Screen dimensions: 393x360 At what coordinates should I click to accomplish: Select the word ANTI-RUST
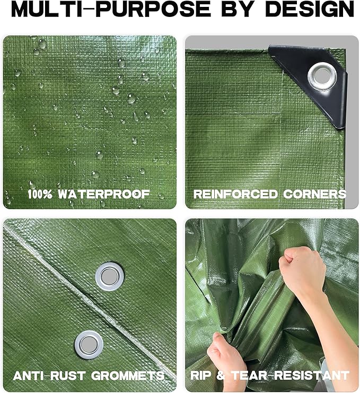coord(47,375)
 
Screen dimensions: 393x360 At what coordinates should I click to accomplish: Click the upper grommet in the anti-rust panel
coord(109,276)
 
